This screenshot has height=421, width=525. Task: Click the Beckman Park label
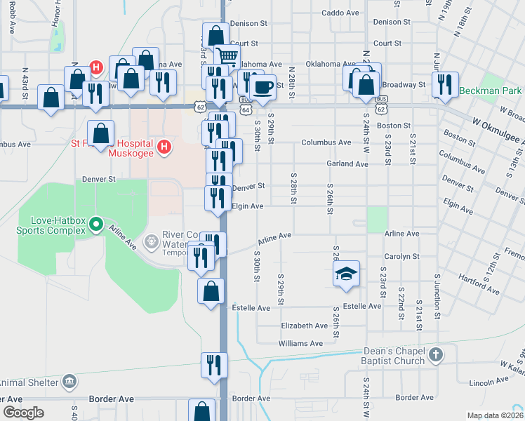pos(491,91)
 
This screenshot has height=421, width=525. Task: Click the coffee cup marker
pos(263,87)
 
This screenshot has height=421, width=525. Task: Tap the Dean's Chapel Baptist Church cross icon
pos(436,355)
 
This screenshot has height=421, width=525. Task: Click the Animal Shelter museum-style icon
pos(69,382)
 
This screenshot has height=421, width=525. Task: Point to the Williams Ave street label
pos(300,344)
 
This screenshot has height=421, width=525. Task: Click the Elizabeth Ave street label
pos(304,326)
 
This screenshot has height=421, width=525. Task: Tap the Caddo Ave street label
pos(340,13)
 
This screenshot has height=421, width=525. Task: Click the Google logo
pos(23,413)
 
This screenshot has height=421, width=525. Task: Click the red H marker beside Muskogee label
pos(164,146)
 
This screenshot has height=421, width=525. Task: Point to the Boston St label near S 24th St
pos(393,126)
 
